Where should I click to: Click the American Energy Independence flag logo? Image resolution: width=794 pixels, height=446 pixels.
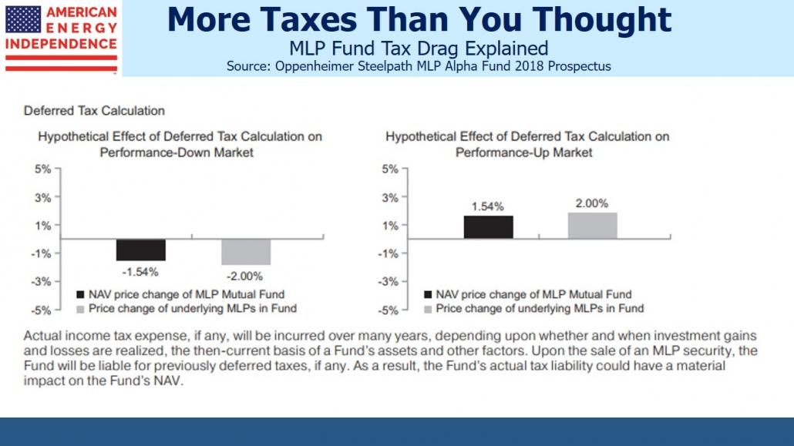(x=61, y=38)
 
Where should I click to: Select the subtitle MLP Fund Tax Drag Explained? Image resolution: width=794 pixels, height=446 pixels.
(x=419, y=49)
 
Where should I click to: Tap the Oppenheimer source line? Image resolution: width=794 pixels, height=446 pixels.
(x=419, y=66)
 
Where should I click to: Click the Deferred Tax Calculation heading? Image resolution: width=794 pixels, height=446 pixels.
(x=94, y=111)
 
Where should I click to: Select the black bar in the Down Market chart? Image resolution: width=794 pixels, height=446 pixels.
(x=141, y=250)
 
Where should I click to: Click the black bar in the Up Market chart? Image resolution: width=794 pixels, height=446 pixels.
(x=488, y=227)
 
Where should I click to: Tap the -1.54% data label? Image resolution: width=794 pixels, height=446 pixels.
(x=141, y=271)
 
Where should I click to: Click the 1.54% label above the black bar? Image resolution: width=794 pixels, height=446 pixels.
(x=488, y=206)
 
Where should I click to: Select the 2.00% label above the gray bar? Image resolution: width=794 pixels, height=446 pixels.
(x=592, y=203)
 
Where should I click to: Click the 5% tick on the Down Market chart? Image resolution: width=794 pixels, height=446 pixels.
(x=42, y=169)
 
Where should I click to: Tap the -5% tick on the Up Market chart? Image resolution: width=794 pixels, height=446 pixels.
(x=389, y=310)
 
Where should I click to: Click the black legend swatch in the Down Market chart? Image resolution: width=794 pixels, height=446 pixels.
(x=81, y=294)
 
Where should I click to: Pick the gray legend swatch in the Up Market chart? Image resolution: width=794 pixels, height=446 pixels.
(x=428, y=308)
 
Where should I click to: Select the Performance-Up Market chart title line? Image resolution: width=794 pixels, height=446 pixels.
(x=524, y=153)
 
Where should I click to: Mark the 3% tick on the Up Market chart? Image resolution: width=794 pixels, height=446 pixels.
(x=391, y=197)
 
